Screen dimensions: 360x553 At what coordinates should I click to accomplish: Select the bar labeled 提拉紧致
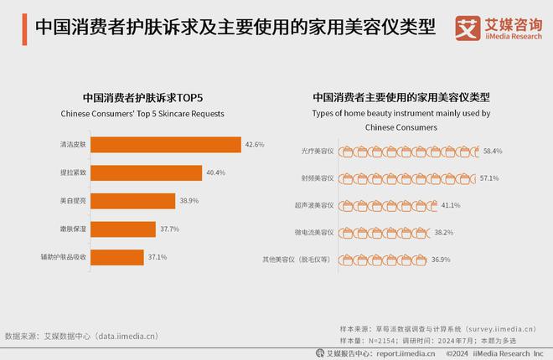[146, 172]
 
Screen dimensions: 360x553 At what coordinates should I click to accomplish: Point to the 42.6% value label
[255, 145]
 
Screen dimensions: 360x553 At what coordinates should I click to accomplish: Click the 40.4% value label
[216, 172]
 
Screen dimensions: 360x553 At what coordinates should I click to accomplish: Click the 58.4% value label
[493, 152]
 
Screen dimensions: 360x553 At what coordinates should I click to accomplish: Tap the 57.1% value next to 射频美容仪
[489, 178]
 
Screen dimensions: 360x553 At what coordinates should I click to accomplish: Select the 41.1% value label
[451, 205]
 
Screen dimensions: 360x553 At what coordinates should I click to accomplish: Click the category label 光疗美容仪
[318, 152]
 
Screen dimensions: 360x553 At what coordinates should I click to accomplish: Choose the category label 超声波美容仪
[314, 205]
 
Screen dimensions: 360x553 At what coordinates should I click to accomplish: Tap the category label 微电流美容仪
[314, 233]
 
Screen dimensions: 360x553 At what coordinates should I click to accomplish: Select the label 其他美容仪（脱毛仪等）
[298, 260]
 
